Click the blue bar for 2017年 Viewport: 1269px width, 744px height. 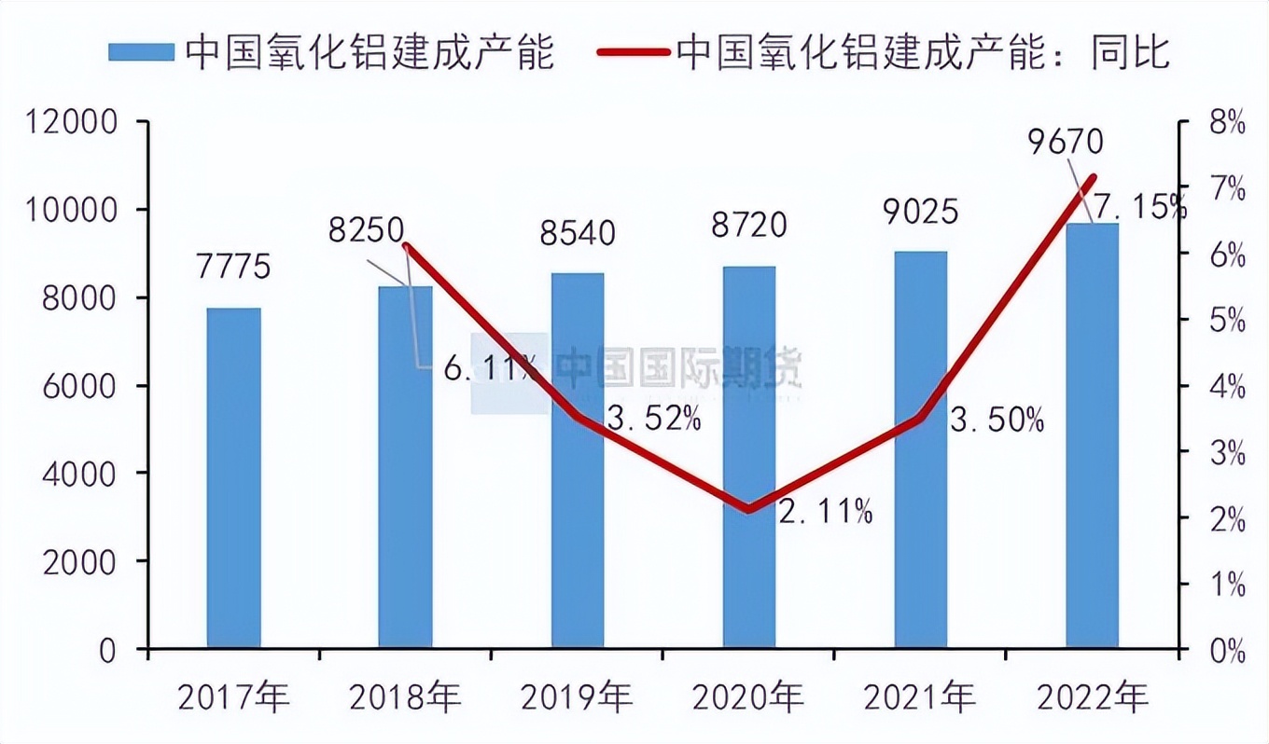pyautogui.click(x=233, y=477)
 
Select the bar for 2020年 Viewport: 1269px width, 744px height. pyautogui.click(x=749, y=457)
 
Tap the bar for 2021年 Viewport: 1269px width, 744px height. pyautogui.click(x=921, y=449)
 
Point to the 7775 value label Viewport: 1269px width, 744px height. pyautogui.click(x=233, y=267)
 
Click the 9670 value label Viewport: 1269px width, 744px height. pyautogui.click(x=1065, y=142)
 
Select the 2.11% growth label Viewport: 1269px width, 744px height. pyautogui.click(x=826, y=511)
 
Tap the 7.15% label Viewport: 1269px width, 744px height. pyautogui.click(x=1139, y=207)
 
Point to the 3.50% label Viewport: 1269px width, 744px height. pyautogui.click(x=997, y=420)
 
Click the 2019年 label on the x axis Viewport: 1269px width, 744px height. pyautogui.click(x=577, y=696)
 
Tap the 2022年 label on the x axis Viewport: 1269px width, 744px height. pyautogui.click(x=1093, y=696)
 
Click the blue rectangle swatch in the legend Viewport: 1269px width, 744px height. pyautogui.click(x=141, y=52)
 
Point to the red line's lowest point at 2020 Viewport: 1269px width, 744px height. pyautogui.click(x=749, y=509)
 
